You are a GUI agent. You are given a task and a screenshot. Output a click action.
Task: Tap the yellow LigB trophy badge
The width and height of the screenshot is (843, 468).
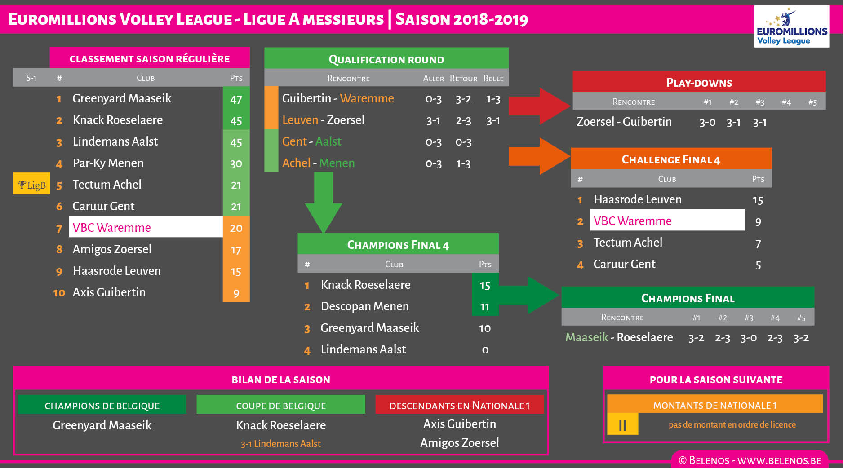tap(31, 184)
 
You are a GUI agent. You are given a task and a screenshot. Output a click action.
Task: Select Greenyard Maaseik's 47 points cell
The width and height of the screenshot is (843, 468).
tap(236, 99)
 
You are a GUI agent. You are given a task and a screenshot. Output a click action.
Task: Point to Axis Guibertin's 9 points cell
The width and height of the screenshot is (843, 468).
tap(236, 293)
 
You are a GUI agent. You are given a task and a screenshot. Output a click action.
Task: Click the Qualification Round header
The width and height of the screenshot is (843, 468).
tap(386, 59)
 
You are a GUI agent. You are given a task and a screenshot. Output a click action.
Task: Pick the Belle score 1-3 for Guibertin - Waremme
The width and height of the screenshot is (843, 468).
tap(493, 99)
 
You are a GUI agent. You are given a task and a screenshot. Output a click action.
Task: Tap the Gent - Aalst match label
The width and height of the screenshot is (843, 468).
tap(311, 141)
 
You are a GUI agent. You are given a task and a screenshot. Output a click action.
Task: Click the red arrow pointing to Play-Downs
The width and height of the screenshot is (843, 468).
tap(539, 106)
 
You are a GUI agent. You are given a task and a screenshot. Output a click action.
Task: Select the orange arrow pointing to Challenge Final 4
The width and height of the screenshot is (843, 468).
tap(539, 156)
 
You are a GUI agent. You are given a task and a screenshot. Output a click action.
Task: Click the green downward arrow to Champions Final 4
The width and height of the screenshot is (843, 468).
tap(324, 202)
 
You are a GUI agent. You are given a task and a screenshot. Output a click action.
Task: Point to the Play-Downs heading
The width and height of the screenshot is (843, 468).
tap(699, 82)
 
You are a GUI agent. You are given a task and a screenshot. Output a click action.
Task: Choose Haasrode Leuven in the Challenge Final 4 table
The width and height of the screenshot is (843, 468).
tap(637, 199)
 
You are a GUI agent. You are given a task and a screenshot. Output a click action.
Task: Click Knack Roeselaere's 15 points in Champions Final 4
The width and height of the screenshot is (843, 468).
tap(484, 285)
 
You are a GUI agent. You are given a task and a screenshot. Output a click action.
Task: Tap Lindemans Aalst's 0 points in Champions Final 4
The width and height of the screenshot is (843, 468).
tap(485, 350)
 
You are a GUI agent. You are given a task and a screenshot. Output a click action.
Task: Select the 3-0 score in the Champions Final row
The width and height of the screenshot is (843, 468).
tap(748, 338)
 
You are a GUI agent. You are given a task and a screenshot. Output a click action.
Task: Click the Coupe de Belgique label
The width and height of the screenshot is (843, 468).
tap(281, 405)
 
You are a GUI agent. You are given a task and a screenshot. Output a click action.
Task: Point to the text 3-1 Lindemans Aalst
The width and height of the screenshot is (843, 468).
tap(281, 444)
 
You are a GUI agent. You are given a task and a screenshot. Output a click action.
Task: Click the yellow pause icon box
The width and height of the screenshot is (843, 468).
tap(622, 424)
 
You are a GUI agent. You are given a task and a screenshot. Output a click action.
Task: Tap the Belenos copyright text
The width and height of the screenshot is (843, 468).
tap(750, 460)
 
